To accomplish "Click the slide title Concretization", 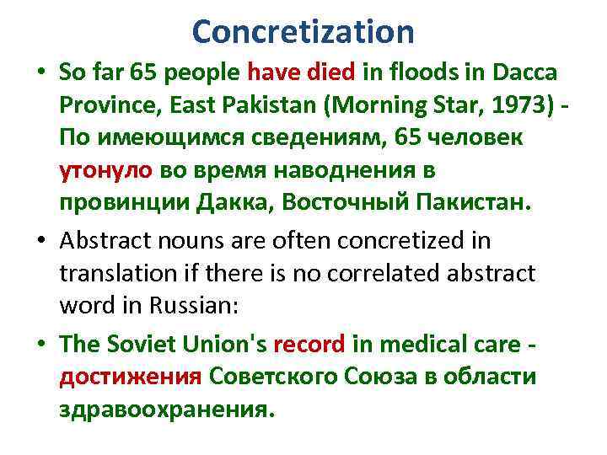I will point(303,32).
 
